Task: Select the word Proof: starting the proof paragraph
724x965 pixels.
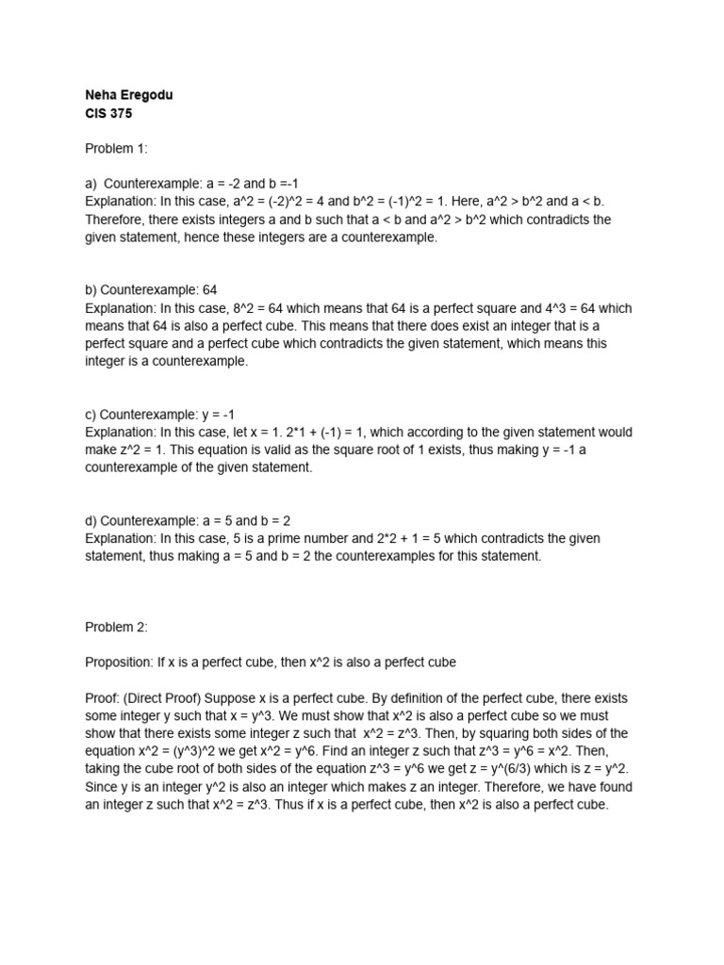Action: point(103,698)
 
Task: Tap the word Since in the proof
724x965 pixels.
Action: point(102,787)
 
